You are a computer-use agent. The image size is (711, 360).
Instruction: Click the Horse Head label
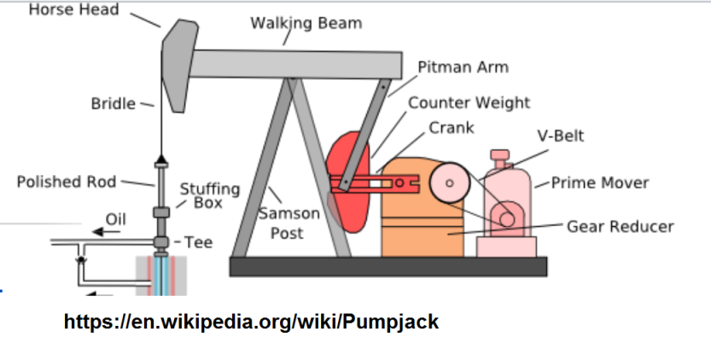pos(74,9)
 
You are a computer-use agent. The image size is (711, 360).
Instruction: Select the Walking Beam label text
pos(306,23)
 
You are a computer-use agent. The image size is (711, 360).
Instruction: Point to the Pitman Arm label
pos(463,67)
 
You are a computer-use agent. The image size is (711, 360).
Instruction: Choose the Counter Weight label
pos(469,103)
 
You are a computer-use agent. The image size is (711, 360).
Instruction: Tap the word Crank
pos(452,128)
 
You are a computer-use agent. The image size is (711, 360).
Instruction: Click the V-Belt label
pos(561,136)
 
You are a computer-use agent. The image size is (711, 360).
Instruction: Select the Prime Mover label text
pos(600,183)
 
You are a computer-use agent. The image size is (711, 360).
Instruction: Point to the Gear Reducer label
pos(621,226)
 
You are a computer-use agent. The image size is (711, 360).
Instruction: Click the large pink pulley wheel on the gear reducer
pos(449,183)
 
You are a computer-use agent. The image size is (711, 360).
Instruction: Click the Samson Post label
pos(289,223)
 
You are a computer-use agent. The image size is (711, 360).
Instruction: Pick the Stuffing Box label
pos(209,195)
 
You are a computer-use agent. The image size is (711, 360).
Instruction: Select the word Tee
pos(198,242)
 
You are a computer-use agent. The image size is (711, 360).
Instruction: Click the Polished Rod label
pos(67,182)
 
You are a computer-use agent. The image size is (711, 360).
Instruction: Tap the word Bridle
pos(114,103)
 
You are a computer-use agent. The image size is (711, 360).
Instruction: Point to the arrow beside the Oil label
pos(106,232)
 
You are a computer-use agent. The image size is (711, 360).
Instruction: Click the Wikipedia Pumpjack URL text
pos(251,322)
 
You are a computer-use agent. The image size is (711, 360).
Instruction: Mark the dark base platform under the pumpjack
pos(388,267)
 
